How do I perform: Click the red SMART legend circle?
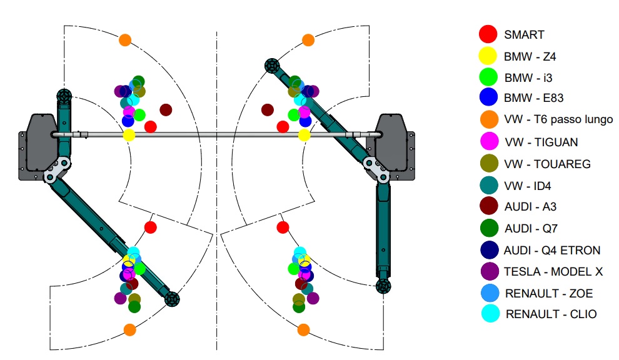coord(488,34)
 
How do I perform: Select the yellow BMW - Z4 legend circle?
coord(488,56)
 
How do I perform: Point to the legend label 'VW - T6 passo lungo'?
coord(558,119)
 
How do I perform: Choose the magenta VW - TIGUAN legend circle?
coord(488,142)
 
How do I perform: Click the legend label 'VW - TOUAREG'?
coord(547,164)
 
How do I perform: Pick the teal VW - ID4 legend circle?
coord(488,186)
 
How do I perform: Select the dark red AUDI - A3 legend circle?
coord(488,207)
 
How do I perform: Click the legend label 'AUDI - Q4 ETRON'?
coord(552,251)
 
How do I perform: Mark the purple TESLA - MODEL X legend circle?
coord(488,272)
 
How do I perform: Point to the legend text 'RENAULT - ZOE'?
coord(549,294)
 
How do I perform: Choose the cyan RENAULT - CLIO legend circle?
coord(488,314)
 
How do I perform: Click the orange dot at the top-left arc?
coord(125,40)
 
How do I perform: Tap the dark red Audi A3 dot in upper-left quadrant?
coord(166,110)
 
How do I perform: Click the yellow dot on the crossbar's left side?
coord(129,135)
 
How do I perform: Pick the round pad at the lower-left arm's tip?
coord(171,299)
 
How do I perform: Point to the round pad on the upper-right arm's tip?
coord(271,64)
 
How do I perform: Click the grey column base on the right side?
coord(391,145)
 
